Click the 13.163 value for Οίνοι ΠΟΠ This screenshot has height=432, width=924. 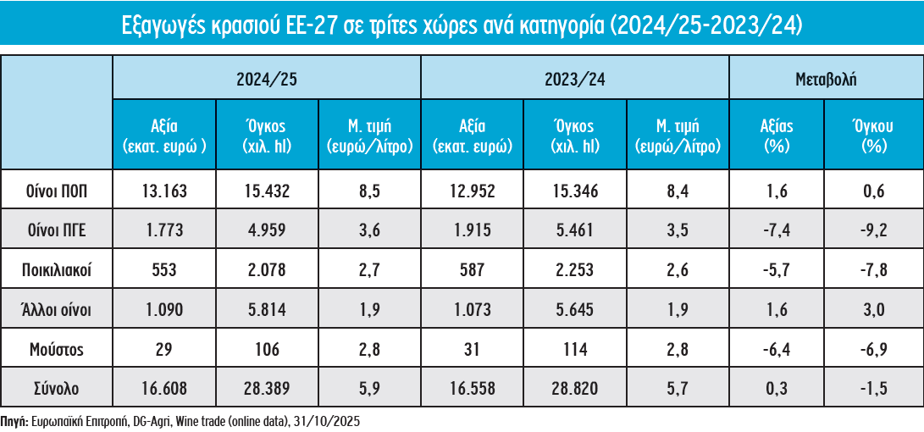pos(164,192)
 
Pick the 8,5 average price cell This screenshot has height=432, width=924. pos(369,192)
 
